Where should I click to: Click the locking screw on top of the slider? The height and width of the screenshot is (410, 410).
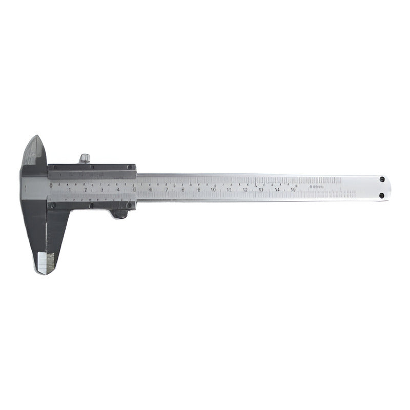(x=85, y=158)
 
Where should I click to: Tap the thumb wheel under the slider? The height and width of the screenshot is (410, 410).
(x=120, y=213)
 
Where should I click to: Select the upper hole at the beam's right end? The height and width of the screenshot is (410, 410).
(x=382, y=179)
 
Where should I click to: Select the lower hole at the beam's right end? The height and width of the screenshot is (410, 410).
(x=382, y=195)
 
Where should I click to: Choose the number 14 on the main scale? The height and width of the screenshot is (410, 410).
(x=277, y=190)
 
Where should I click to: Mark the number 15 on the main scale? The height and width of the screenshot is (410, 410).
(x=293, y=190)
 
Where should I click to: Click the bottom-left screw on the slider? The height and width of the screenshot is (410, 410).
(x=53, y=205)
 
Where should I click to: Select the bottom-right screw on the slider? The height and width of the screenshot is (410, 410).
(x=130, y=206)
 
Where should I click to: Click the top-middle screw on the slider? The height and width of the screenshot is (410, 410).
(x=91, y=168)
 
